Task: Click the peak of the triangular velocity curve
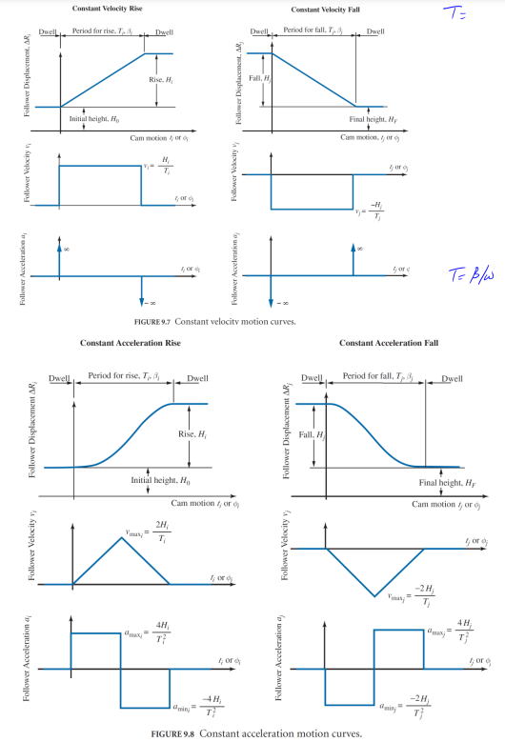coord(121,538)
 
